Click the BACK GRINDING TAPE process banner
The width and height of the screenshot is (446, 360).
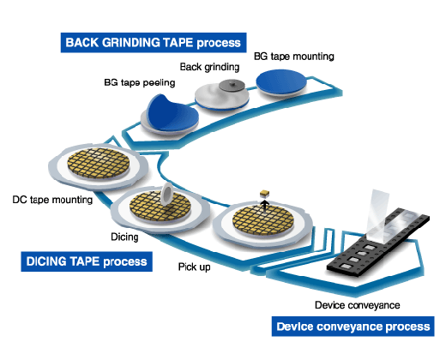click(154, 43)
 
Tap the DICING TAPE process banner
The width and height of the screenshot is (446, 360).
click(87, 261)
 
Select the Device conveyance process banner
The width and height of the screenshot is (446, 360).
click(353, 327)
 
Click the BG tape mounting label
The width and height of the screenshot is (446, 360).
click(294, 57)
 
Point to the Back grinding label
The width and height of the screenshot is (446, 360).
click(209, 67)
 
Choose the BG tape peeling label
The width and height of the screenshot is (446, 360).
click(140, 83)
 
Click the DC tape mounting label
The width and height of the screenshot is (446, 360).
click(52, 200)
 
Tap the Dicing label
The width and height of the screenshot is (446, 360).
click(124, 237)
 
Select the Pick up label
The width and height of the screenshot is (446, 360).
click(195, 267)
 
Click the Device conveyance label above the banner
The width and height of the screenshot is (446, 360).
click(358, 305)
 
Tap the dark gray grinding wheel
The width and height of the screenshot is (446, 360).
click(232, 85)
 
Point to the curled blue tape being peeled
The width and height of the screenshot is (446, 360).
click(172, 113)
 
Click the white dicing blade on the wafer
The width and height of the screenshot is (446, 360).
click(166, 195)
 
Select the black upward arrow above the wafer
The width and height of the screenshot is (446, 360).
click(265, 206)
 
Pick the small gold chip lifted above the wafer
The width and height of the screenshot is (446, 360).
click(265, 194)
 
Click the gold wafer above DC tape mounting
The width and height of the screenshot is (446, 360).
click(99, 163)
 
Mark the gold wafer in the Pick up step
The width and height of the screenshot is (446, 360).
click(263, 220)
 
